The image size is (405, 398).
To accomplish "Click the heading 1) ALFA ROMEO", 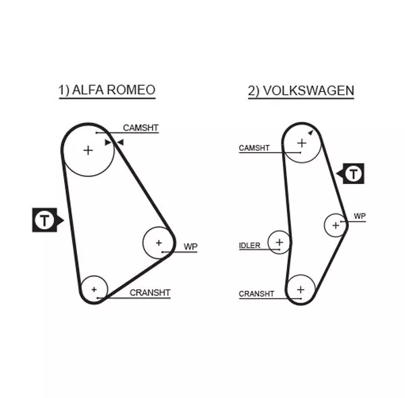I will click(x=107, y=90).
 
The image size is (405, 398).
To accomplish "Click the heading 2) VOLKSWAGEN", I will click(x=301, y=91).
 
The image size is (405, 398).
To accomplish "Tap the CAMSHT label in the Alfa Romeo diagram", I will click(x=140, y=127).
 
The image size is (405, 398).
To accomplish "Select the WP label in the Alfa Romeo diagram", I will click(x=191, y=247).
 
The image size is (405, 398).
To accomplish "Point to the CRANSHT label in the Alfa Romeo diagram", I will click(x=150, y=293).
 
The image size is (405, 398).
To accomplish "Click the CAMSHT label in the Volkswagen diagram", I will click(x=254, y=148).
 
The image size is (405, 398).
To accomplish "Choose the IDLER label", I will click(x=250, y=245).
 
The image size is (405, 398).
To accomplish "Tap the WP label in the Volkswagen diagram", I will click(x=360, y=216).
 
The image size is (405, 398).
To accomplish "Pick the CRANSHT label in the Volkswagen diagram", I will click(x=256, y=294).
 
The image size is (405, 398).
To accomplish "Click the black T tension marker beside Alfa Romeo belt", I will click(x=45, y=220).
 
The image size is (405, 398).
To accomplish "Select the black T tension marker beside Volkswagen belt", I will click(x=354, y=174).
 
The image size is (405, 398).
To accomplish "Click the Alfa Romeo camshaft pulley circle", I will click(x=88, y=150).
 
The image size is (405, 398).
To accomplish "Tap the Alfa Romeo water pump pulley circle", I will click(x=159, y=242).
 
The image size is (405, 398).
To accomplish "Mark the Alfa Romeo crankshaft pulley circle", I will click(x=94, y=289).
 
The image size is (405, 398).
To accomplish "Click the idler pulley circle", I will click(x=279, y=241).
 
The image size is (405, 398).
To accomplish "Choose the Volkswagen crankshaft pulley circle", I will click(x=300, y=289).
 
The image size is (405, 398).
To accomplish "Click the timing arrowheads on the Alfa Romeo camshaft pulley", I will click(x=114, y=142).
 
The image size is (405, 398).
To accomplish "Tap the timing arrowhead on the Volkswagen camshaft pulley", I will click(x=310, y=133).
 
